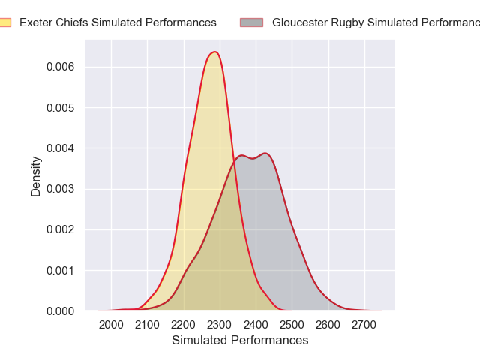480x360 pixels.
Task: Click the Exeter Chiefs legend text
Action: pos(118,22)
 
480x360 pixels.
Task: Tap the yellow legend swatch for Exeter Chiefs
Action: pos(4,22)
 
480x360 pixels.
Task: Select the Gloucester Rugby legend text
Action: pos(375,22)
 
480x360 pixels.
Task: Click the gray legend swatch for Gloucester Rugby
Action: pos(257,22)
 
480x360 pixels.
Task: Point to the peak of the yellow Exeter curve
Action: pos(214,52)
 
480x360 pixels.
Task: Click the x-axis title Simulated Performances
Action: pos(240,340)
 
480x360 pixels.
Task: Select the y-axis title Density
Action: pos(36,181)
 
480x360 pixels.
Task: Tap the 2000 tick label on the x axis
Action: pos(111,325)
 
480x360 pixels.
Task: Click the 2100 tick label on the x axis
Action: pos(147,325)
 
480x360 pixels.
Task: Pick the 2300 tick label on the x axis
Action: pos(220,325)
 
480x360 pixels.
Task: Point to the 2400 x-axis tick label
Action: pos(256,325)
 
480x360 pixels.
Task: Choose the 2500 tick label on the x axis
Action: pos(292,325)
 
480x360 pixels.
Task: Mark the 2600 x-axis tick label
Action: pos(328,325)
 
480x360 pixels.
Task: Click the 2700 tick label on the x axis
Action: pos(364,325)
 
